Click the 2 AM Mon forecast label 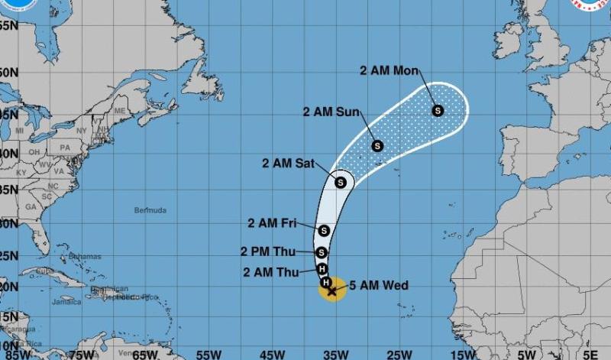[x=390, y=71]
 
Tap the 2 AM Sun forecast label [x=331, y=112]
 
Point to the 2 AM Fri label [x=272, y=223]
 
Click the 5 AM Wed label [x=379, y=286]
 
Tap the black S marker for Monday [x=438, y=110]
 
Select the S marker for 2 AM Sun [x=377, y=145]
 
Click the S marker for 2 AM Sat [x=340, y=182]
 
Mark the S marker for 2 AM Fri [x=324, y=230]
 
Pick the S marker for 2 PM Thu [x=322, y=252]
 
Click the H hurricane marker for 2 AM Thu [x=323, y=268]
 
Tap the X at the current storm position [x=331, y=290]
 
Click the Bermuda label [x=150, y=210]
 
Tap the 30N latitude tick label [x=8, y=224]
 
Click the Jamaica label [x=66, y=302]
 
